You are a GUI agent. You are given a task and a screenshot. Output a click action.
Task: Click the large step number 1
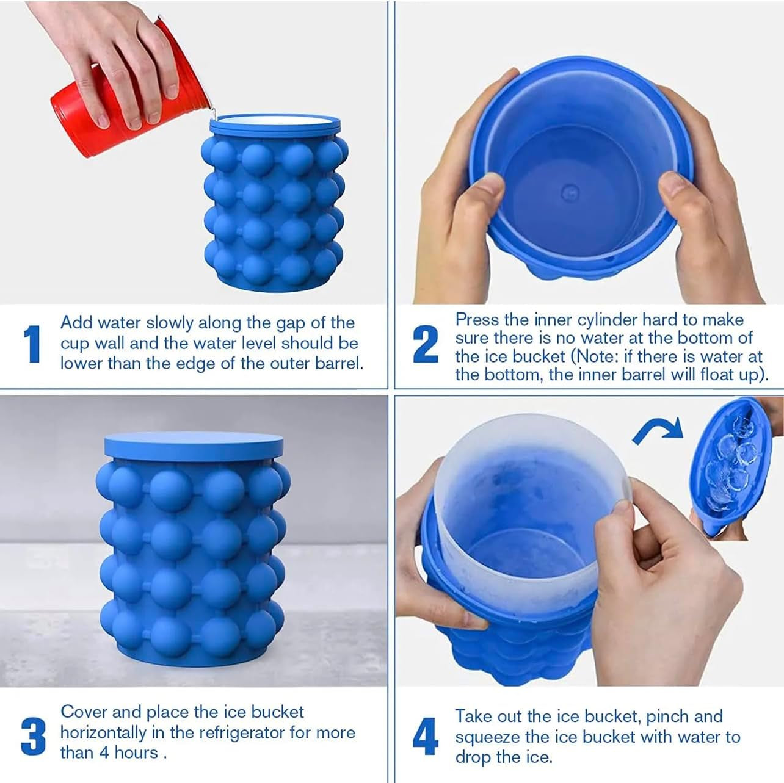point(32,344)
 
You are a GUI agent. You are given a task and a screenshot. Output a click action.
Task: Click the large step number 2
point(426,344)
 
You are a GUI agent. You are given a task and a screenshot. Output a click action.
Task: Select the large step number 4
point(426,737)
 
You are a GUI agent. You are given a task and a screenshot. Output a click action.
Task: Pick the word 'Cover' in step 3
point(84,712)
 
